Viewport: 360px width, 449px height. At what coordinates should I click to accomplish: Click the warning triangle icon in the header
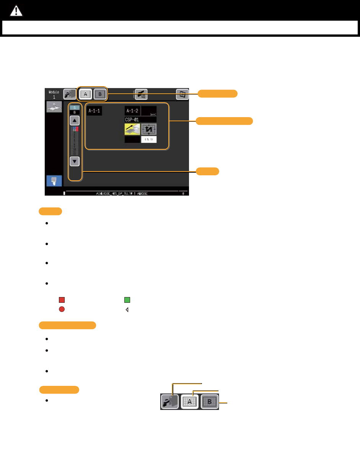coord(16,11)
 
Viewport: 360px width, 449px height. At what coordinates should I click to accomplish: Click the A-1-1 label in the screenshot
coord(94,111)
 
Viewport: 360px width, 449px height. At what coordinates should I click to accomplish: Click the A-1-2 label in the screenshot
coord(132,111)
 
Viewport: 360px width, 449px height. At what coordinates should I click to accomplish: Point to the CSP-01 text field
coord(140,119)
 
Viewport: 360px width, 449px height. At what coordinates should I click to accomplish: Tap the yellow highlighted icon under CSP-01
coord(132,129)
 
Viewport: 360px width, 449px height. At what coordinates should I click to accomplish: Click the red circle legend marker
coord(62,309)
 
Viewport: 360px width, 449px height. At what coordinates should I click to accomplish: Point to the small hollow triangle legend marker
coord(127,309)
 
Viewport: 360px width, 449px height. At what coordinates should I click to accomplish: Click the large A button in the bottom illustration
coord(189,402)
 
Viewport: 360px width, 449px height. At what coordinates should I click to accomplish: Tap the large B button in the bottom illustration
coord(210,402)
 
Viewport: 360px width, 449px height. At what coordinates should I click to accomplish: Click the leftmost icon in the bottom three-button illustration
coord(169,402)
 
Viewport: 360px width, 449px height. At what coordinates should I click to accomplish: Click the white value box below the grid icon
coord(148,140)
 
